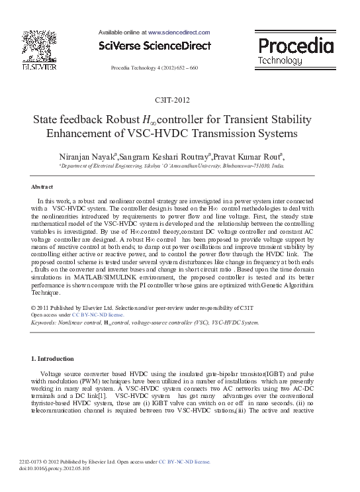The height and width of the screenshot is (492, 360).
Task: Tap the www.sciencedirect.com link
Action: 179,32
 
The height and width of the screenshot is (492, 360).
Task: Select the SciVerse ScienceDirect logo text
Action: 154,46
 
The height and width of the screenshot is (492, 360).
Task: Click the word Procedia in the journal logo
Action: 294,46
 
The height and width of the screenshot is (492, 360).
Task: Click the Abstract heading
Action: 42,187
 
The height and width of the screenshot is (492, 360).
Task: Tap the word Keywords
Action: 44,322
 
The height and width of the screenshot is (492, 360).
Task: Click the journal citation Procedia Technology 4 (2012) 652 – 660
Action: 154,68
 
